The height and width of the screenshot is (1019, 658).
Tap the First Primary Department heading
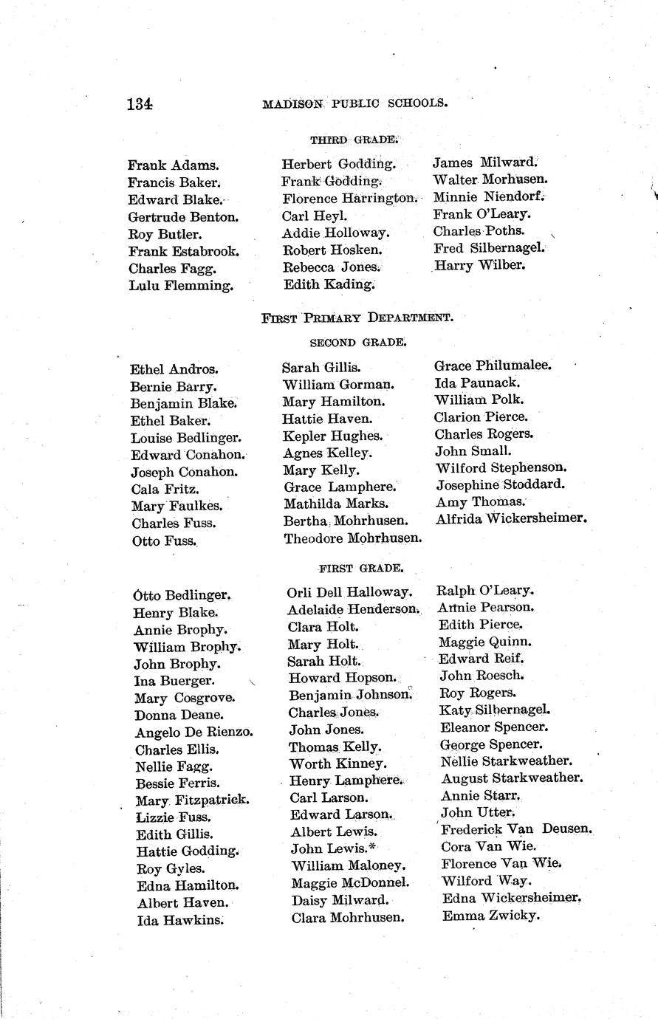357,318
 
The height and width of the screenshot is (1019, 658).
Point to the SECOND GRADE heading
357,343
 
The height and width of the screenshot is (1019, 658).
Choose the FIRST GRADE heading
360,569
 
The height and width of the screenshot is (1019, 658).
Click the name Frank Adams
174,166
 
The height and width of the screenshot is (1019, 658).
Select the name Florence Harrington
350,199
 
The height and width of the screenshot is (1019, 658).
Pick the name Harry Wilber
480,265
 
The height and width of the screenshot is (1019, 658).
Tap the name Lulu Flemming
181,286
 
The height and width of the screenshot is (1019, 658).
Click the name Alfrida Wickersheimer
511,518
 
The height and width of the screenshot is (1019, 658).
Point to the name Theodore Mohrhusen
353,538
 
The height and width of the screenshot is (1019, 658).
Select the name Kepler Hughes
333,436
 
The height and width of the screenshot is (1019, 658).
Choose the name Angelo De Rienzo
194,732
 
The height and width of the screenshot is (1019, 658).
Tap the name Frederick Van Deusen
516,829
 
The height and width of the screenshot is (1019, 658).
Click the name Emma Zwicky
491,916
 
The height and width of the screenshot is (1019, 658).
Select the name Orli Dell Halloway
349,592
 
